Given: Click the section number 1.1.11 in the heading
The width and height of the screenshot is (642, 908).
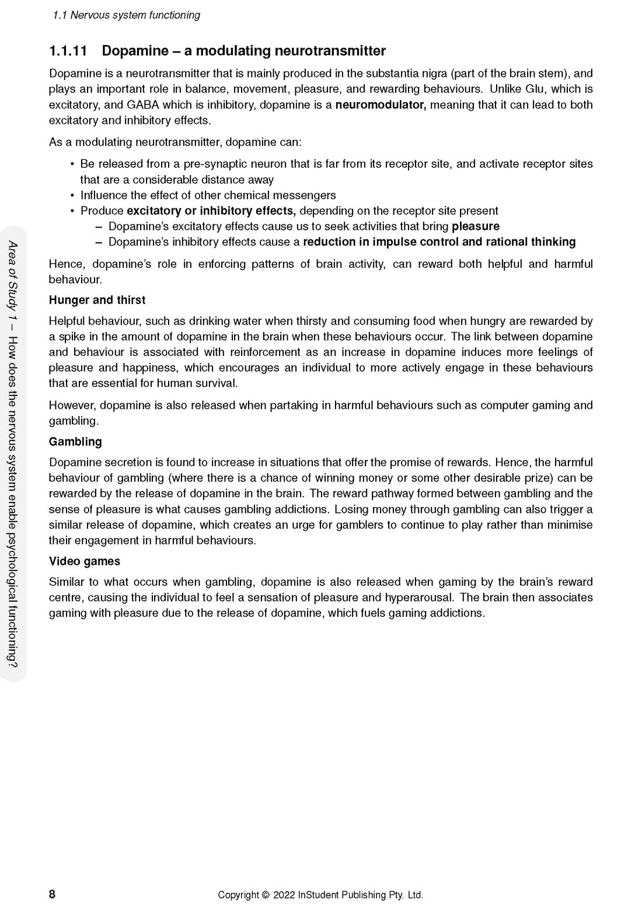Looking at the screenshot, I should [x=68, y=51].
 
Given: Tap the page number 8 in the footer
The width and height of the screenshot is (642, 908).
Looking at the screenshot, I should [x=52, y=894].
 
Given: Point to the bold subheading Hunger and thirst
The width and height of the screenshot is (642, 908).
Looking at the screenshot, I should [x=97, y=300].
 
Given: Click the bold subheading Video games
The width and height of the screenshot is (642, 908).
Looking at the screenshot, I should [x=84, y=561].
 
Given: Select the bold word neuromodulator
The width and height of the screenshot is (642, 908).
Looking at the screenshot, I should [x=381, y=105].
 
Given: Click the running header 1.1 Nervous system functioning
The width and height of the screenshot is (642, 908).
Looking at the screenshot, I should [x=126, y=15].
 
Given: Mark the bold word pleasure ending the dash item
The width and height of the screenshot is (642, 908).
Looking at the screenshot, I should [x=476, y=226].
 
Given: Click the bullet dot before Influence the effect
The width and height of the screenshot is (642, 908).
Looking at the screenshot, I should [x=72, y=195].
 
